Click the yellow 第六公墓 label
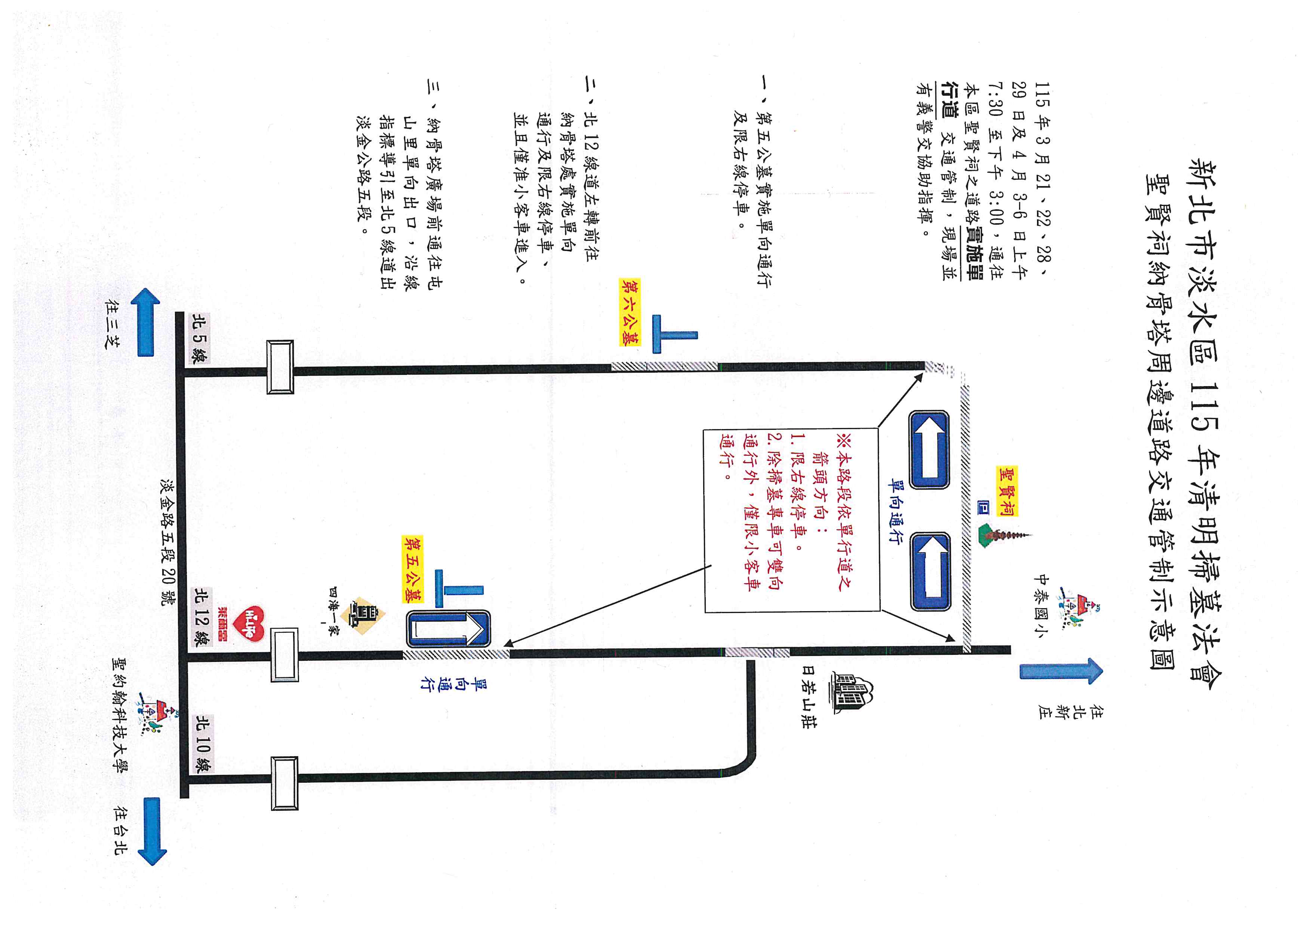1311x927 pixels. pyautogui.click(x=630, y=312)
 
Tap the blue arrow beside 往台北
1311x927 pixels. pyautogui.click(x=151, y=831)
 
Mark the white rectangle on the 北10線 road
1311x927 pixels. pyautogui.click(x=284, y=783)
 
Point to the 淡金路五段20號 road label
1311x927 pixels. pyautogui.click(x=169, y=543)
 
